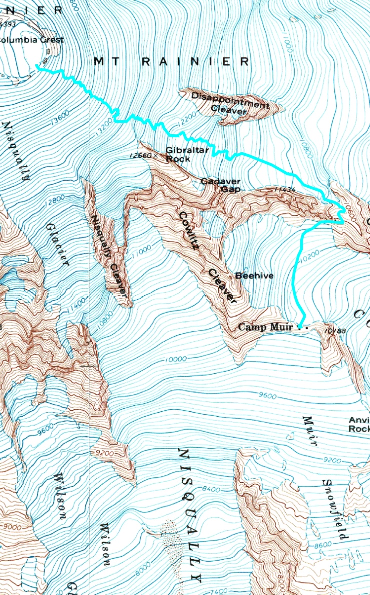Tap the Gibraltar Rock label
pos(178,154)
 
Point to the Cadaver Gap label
pos(221,185)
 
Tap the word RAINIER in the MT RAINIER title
pos(195,61)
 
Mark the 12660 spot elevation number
pos(138,155)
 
